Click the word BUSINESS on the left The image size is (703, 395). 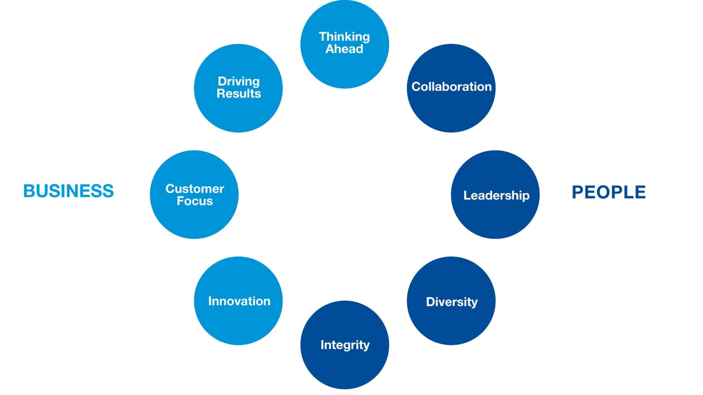(x=68, y=191)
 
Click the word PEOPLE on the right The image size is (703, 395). (x=608, y=192)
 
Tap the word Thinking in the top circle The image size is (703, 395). (x=344, y=37)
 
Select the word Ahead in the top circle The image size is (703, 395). (x=344, y=49)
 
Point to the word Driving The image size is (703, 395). (x=239, y=81)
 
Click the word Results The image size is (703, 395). (x=239, y=93)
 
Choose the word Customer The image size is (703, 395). (x=195, y=189)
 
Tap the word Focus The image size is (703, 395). (x=195, y=201)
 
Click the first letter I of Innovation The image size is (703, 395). (x=210, y=301)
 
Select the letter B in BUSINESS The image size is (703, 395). (x=29, y=191)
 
